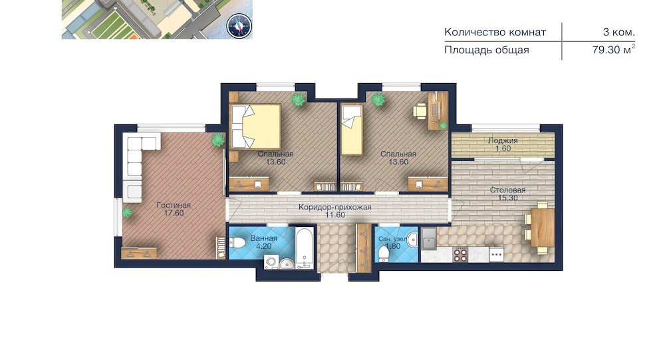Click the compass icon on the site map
pos(239,25)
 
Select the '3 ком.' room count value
pos(618,32)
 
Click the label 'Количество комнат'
pos(495,32)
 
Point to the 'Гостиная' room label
pos(174,205)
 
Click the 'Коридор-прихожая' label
pos(334,207)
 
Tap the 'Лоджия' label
pos(503,140)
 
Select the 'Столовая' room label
pos(507,190)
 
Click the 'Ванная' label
pos(263,238)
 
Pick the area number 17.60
pos(174,213)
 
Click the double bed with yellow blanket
pos(256,126)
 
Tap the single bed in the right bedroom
pos(352,130)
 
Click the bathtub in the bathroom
pos(305,249)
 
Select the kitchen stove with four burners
pos(461,254)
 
